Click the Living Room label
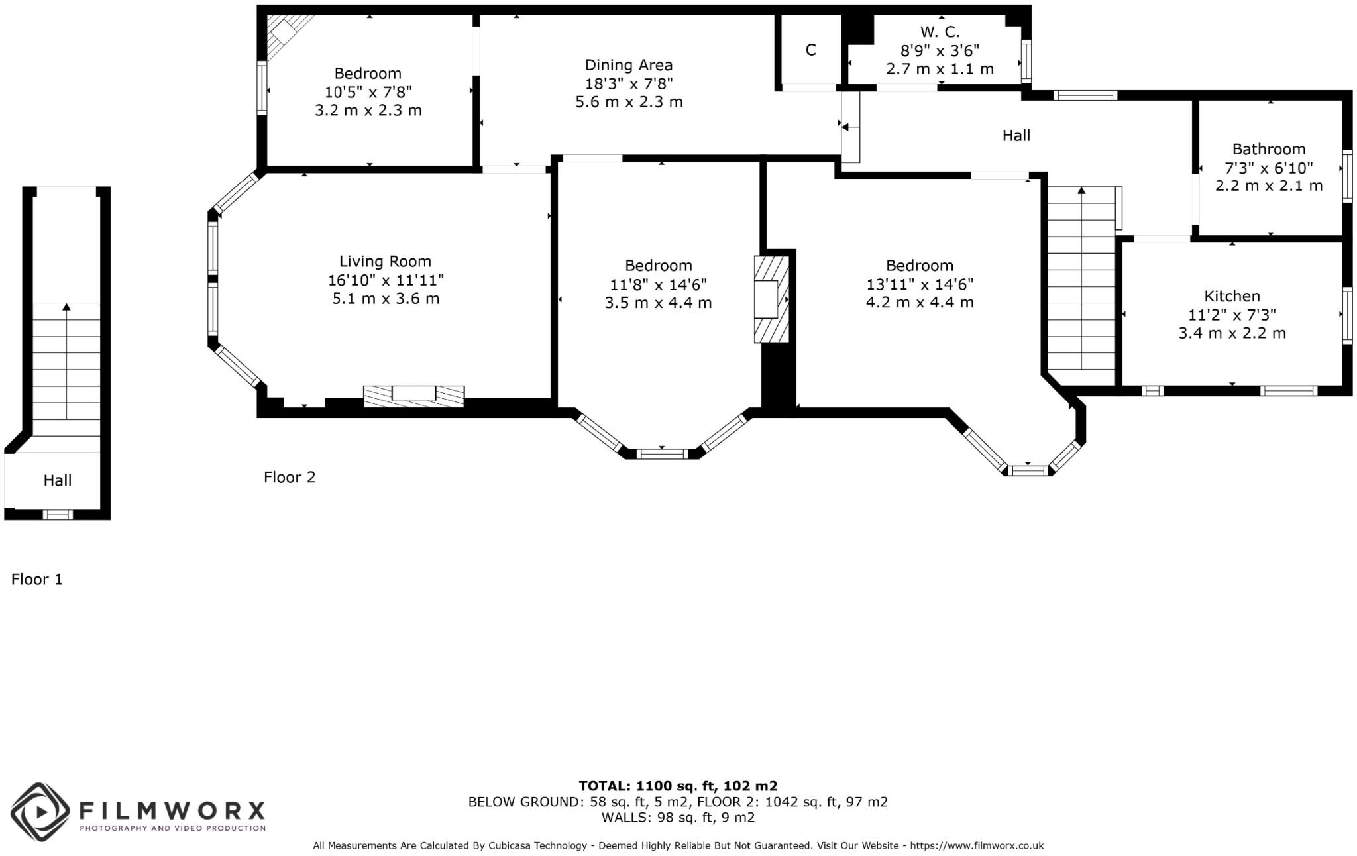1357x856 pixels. (x=385, y=261)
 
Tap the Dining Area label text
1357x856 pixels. (x=628, y=65)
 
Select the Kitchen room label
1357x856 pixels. (x=1232, y=296)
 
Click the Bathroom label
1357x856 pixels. (x=1268, y=149)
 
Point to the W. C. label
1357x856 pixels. (x=939, y=32)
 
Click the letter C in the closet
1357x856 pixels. (x=810, y=50)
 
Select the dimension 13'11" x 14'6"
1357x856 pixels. (x=919, y=284)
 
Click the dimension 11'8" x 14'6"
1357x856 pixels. (x=658, y=284)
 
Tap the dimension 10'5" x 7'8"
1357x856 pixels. (x=368, y=92)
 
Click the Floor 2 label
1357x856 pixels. (x=290, y=477)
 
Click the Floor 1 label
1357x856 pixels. (x=36, y=580)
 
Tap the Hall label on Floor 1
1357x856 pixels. (x=58, y=480)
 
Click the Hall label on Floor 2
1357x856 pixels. (x=1016, y=136)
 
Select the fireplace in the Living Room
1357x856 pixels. (x=413, y=396)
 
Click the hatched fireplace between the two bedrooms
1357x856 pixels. (x=771, y=299)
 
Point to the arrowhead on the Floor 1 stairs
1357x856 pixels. (x=66, y=306)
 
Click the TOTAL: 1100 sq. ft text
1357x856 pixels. (x=677, y=786)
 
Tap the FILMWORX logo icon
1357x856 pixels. (x=40, y=812)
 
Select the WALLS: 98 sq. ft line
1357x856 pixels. (x=677, y=818)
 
